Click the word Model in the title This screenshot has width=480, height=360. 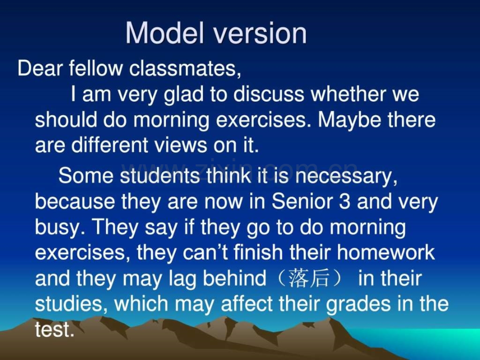[165, 33]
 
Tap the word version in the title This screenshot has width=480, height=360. [260, 34]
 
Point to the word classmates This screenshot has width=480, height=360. [185, 68]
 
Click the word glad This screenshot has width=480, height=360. [183, 94]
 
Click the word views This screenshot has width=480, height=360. [181, 145]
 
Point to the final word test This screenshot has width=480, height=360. [54, 330]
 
